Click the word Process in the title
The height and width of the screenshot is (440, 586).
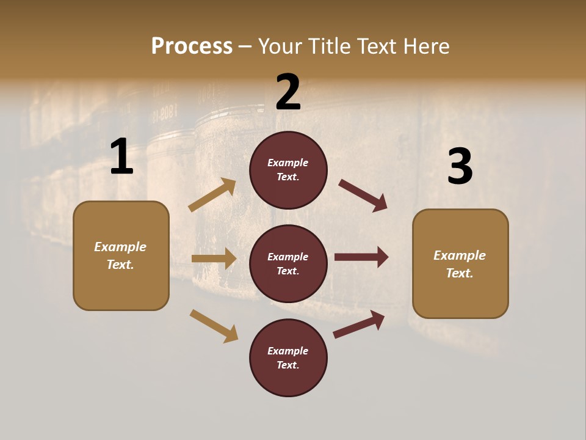pyautogui.click(x=192, y=46)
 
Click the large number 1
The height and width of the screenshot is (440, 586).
pyautogui.click(x=121, y=156)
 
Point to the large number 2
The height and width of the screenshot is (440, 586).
pyautogui.click(x=288, y=92)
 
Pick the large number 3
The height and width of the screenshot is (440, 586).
pyautogui.click(x=460, y=167)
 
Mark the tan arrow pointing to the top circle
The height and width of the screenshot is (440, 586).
pyautogui.click(x=212, y=195)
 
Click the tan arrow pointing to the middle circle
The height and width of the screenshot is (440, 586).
pyautogui.click(x=214, y=258)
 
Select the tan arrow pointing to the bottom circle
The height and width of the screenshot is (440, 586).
pyautogui.click(x=214, y=326)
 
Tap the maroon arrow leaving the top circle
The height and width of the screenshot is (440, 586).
pyautogui.click(x=363, y=196)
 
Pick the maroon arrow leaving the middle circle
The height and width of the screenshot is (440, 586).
pyautogui.click(x=361, y=257)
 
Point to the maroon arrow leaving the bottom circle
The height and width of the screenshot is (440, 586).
pyautogui.click(x=359, y=324)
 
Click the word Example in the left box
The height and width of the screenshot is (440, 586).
pyautogui.click(x=120, y=247)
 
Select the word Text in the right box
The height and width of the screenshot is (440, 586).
pyautogui.click(x=459, y=273)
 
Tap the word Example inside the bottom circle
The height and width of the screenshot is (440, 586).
pyautogui.click(x=288, y=351)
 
